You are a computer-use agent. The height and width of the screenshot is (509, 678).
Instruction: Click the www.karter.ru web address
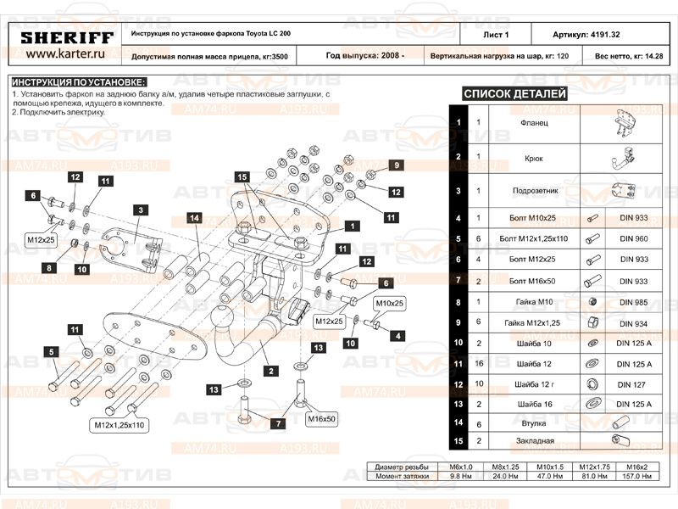(65, 54)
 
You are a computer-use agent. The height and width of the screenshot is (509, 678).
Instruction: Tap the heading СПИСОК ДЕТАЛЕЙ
(514, 93)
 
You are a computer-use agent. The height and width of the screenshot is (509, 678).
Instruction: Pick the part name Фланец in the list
(533, 123)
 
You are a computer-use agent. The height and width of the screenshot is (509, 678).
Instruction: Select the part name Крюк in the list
(533, 158)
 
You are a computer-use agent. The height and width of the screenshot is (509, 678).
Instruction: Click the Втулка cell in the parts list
(533, 422)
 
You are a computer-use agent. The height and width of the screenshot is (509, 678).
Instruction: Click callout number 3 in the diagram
(138, 209)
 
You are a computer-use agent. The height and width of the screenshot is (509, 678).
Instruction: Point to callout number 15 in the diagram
(242, 176)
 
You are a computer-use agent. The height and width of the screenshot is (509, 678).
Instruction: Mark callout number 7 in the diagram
(276, 422)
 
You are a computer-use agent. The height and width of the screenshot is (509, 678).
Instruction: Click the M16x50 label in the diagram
(322, 418)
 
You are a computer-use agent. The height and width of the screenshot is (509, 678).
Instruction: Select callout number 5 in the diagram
(51, 352)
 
